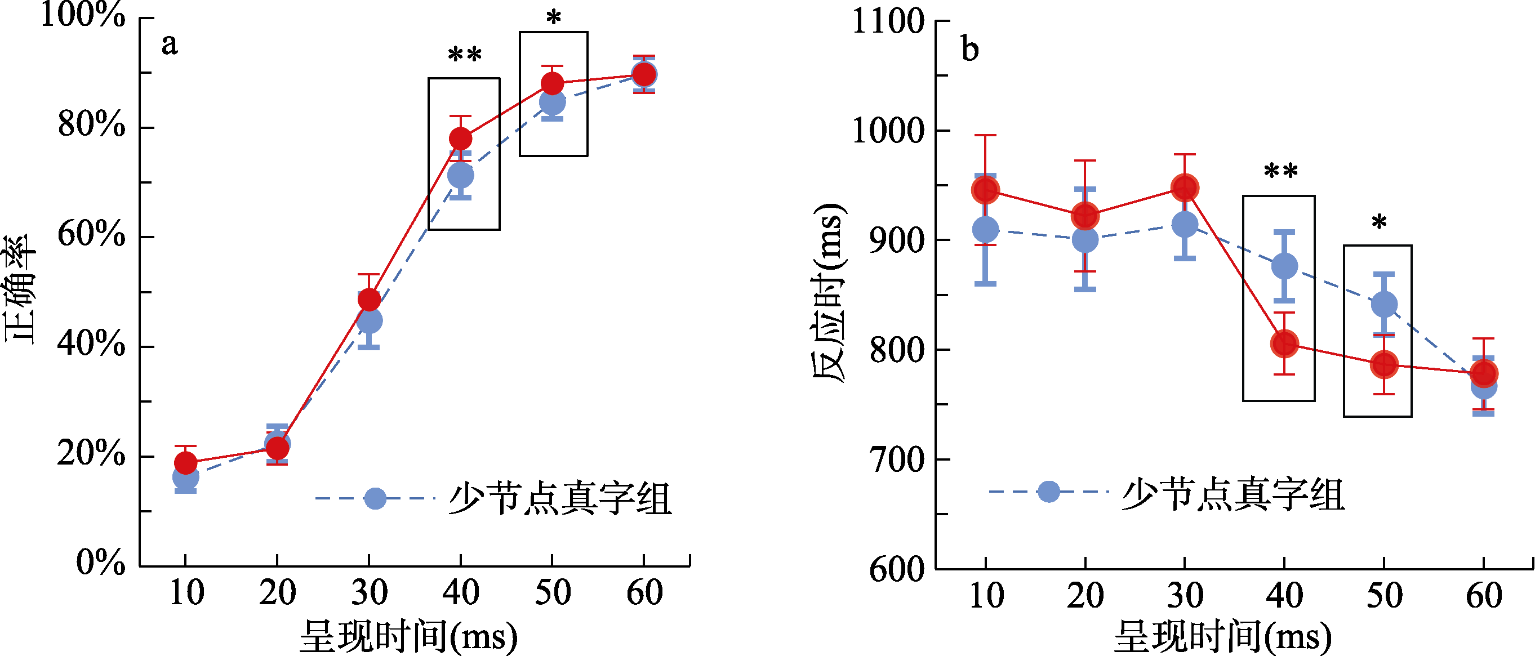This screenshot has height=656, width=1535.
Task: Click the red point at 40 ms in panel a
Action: [461, 139]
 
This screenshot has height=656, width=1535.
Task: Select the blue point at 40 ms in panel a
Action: [461, 175]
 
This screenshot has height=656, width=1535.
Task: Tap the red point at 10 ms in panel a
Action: [185, 462]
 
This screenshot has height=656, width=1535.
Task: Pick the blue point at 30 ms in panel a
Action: [370, 321]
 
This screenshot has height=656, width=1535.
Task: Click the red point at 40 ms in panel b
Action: [1284, 344]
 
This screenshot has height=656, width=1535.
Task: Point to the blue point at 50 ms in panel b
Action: [1383, 305]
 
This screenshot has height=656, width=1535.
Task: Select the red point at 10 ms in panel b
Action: [985, 191]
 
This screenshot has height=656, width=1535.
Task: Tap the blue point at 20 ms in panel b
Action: [1085, 239]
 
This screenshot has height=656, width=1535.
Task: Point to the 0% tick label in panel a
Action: [100, 562]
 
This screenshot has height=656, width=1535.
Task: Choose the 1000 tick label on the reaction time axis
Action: [888, 131]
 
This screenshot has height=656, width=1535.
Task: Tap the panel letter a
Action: [170, 44]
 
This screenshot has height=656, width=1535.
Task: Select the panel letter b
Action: [970, 49]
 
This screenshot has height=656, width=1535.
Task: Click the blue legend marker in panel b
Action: [1048, 492]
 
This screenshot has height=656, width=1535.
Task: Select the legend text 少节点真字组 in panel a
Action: [560, 498]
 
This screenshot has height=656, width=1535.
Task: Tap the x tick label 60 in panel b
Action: [1484, 595]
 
